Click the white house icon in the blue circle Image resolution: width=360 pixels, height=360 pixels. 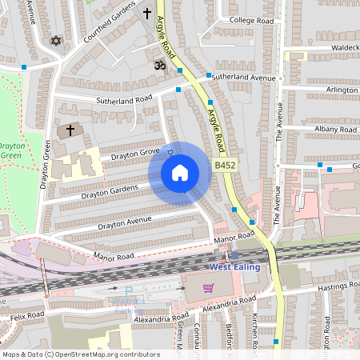click(x=180, y=172)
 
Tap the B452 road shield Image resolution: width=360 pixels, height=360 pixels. click(x=224, y=165)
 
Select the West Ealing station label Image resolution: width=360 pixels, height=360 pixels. click(x=234, y=266)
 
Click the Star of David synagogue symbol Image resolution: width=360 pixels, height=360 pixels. click(x=56, y=40)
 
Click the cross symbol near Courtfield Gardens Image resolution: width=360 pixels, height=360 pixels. click(x=146, y=14)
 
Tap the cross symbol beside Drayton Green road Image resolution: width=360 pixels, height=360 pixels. click(x=70, y=130)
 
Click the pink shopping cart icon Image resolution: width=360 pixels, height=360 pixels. click(x=208, y=288)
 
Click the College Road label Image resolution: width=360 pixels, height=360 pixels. click(x=251, y=20)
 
